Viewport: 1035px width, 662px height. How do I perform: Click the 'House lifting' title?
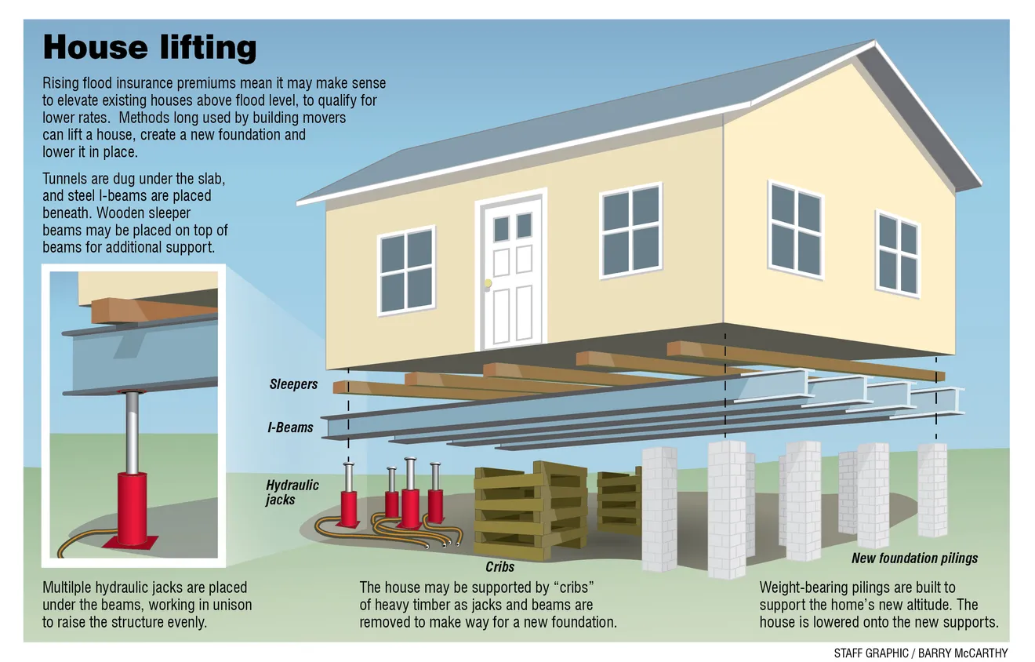pyautogui.click(x=149, y=48)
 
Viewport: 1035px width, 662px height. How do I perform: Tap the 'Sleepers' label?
pyautogui.click(x=293, y=384)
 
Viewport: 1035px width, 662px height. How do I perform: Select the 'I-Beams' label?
pyautogui.click(x=291, y=427)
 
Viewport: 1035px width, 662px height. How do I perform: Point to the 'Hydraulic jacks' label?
pyautogui.click(x=292, y=493)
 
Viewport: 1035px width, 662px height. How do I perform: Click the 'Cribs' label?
pyautogui.click(x=500, y=567)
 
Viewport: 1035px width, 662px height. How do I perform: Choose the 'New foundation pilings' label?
pyautogui.click(x=915, y=558)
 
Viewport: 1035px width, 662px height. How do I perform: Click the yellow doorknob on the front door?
pyautogui.click(x=488, y=283)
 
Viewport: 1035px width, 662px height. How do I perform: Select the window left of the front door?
pyautogui.click(x=407, y=271)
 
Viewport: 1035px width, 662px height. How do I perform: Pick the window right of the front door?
pyautogui.click(x=630, y=231)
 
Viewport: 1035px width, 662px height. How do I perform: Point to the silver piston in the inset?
pyautogui.click(x=133, y=432)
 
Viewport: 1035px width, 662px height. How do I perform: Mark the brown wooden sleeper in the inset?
pyautogui.click(x=154, y=310)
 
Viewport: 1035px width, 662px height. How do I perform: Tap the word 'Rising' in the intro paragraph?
pyautogui.click(x=60, y=84)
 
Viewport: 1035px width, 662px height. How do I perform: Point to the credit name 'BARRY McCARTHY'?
pyautogui.click(x=963, y=653)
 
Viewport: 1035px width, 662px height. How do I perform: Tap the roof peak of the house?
pyautogui.click(x=874, y=42)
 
